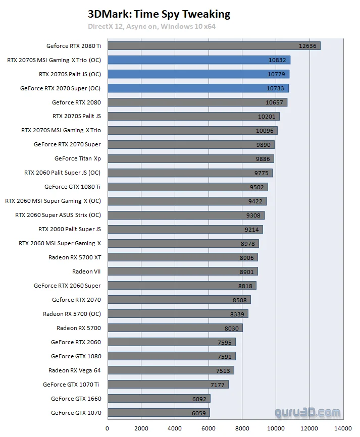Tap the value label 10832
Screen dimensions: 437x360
point(277,60)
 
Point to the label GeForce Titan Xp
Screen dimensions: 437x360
point(78,158)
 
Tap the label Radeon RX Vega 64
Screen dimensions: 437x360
point(75,370)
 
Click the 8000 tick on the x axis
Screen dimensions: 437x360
point(242,429)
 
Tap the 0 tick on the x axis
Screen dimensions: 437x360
point(108,429)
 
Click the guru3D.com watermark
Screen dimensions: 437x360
point(307,413)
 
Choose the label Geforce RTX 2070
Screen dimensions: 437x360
point(76,300)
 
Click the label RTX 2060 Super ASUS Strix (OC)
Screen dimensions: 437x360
point(58,215)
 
